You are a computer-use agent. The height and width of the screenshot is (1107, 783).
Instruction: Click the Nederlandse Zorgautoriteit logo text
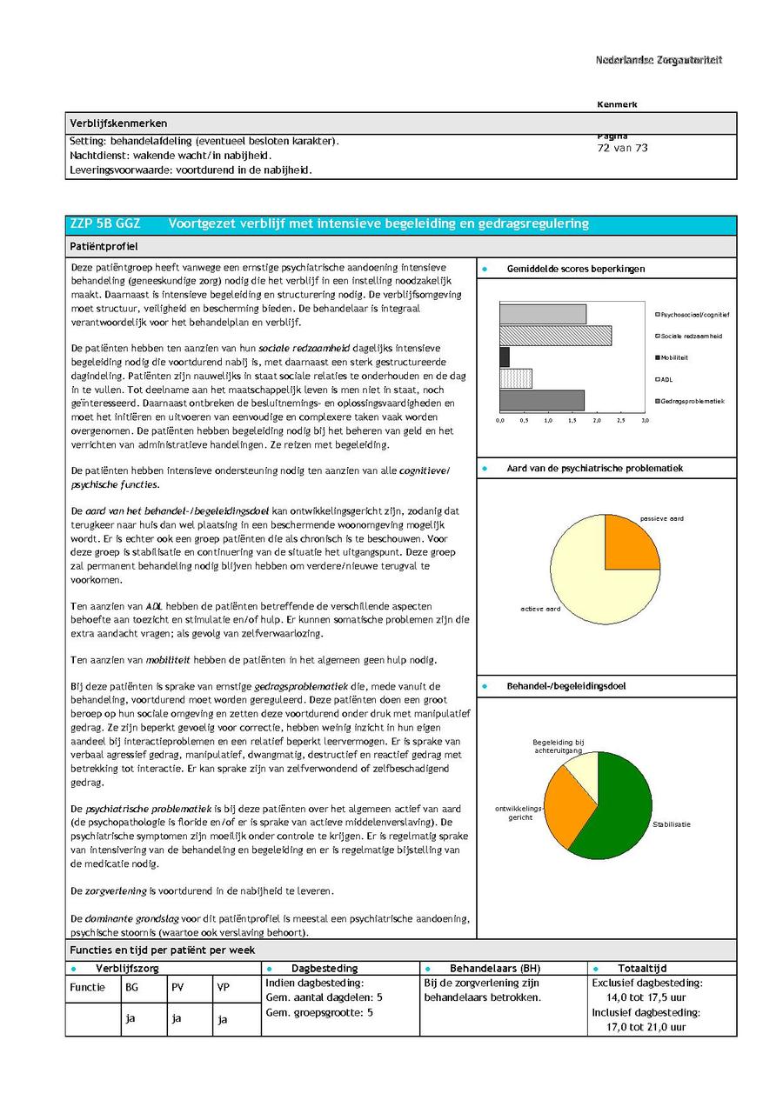659,60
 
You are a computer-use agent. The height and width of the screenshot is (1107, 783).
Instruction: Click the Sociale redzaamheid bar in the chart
555,336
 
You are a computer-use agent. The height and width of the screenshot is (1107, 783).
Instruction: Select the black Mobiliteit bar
505,357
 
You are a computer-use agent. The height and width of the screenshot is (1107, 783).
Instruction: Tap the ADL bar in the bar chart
515,378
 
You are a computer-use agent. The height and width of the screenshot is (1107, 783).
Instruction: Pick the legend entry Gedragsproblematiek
691,401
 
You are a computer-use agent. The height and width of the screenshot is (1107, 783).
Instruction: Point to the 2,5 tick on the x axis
620,420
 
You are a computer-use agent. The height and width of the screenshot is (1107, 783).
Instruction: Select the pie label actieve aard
540,609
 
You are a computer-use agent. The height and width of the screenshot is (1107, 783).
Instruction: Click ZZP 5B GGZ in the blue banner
104,224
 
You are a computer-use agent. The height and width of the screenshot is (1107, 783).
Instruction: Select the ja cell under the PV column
177,1018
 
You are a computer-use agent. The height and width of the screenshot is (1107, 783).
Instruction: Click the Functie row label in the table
87,987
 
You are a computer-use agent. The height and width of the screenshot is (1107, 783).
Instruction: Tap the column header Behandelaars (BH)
494,968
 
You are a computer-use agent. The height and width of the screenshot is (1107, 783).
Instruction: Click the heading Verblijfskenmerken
118,123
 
